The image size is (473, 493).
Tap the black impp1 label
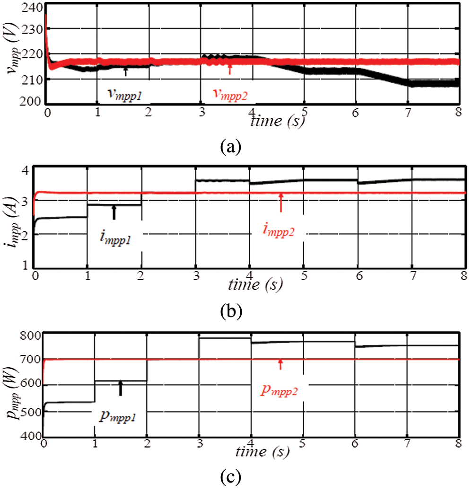115,237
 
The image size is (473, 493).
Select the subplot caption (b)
230,312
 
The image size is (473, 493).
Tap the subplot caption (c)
230,478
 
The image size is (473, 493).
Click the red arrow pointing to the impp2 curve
281,202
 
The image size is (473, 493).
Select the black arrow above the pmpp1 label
121,388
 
